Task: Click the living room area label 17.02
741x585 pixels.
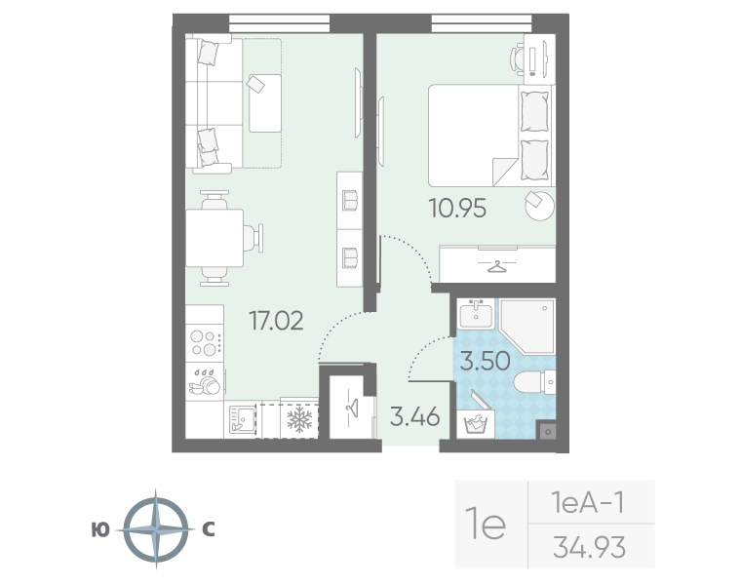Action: pyautogui.click(x=276, y=321)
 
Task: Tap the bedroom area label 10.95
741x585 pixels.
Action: pyautogui.click(x=457, y=209)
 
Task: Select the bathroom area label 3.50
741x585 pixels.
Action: pyautogui.click(x=485, y=361)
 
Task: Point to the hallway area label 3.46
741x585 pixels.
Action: pyautogui.click(x=415, y=417)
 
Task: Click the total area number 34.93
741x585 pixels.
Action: pyautogui.click(x=589, y=547)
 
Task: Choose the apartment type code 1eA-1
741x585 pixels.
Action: pyautogui.click(x=588, y=502)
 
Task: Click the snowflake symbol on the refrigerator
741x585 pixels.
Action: pyautogui.click(x=299, y=420)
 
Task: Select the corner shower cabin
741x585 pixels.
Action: pyautogui.click(x=527, y=326)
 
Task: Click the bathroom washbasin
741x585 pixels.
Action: pyautogui.click(x=476, y=313)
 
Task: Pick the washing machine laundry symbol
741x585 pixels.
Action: pyautogui.click(x=476, y=424)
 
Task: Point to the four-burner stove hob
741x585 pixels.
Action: pyautogui.click(x=204, y=343)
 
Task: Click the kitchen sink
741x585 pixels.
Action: pyautogui.click(x=242, y=419)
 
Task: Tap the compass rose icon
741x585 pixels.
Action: pyautogui.click(x=156, y=529)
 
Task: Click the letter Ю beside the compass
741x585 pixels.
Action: pyautogui.click(x=100, y=530)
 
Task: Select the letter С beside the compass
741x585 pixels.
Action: pyautogui.click(x=209, y=530)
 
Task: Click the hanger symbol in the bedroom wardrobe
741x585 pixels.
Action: pyautogui.click(x=495, y=266)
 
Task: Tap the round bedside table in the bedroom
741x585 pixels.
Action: pyautogui.click(x=540, y=205)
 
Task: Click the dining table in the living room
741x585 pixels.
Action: pyautogui.click(x=214, y=238)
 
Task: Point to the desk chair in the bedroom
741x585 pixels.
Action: pyautogui.click(x=517, y=59)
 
